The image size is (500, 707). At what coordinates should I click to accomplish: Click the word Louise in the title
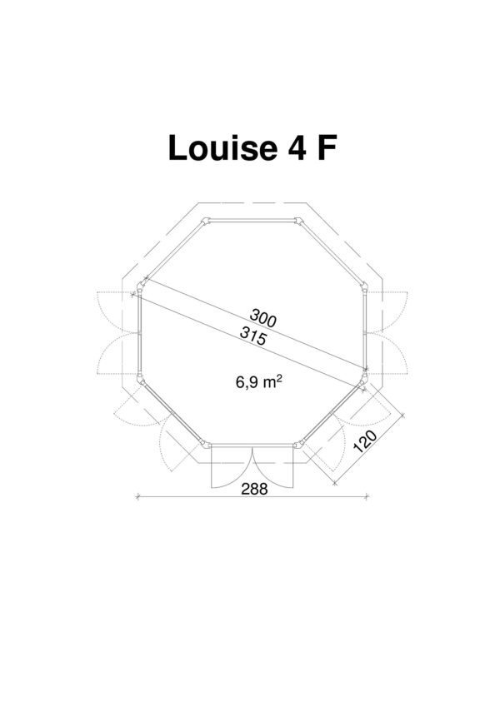click(x=222, y=148)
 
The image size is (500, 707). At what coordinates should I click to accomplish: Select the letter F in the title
click(x=327, y=148)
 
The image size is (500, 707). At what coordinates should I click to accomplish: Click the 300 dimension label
click(x=262, y=318)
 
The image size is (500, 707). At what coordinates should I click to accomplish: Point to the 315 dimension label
click(x=252, y=336)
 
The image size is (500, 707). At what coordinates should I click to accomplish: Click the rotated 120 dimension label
click(x=365, y=441)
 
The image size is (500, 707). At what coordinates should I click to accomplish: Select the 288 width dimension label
click(x=254, y=489)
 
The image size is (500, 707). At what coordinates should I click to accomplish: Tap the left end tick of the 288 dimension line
click(x=137, y=496)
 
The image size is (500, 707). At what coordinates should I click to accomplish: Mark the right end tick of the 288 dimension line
click(x=367, y=496)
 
